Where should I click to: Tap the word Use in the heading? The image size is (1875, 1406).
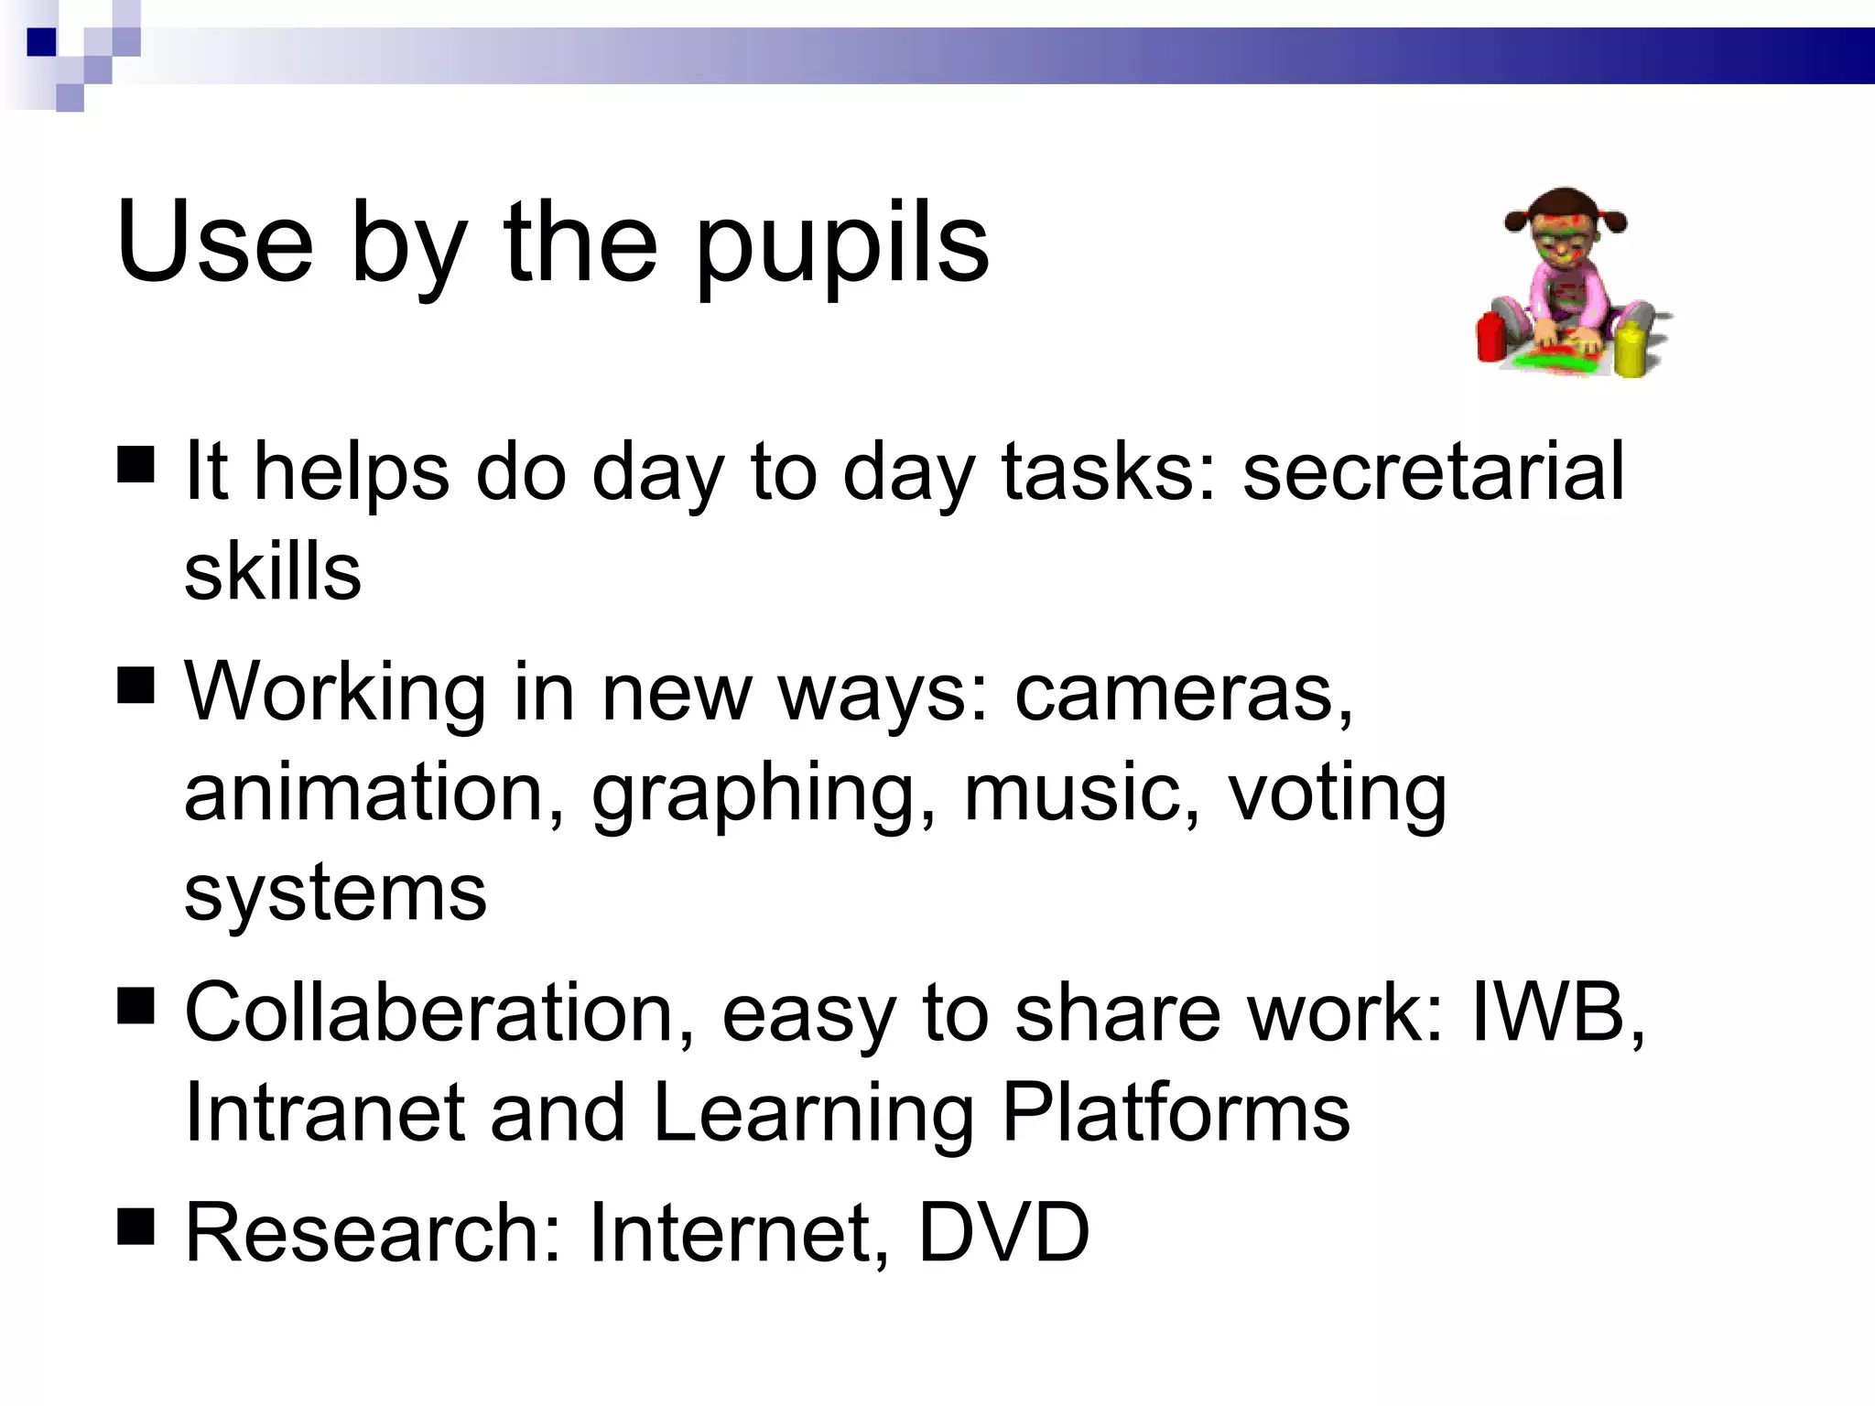[214, 243]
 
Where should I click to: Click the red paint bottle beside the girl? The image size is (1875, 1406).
[1490, 336]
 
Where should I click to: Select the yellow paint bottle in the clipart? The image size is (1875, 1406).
[1631, 349]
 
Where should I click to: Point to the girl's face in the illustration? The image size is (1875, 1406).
[1564, 240]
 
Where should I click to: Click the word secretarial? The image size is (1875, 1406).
[1433, 470]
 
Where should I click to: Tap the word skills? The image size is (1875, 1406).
[273, 571]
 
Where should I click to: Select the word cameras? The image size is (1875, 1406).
[1183, 693]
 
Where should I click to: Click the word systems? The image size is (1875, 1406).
[335, 894]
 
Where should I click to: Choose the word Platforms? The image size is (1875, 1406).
[1176, 1113]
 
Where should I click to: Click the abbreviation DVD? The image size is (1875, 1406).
[1003, 1233]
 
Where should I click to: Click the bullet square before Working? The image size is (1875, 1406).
[136, 685]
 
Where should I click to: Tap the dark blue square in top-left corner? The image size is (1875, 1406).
[41, 42]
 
